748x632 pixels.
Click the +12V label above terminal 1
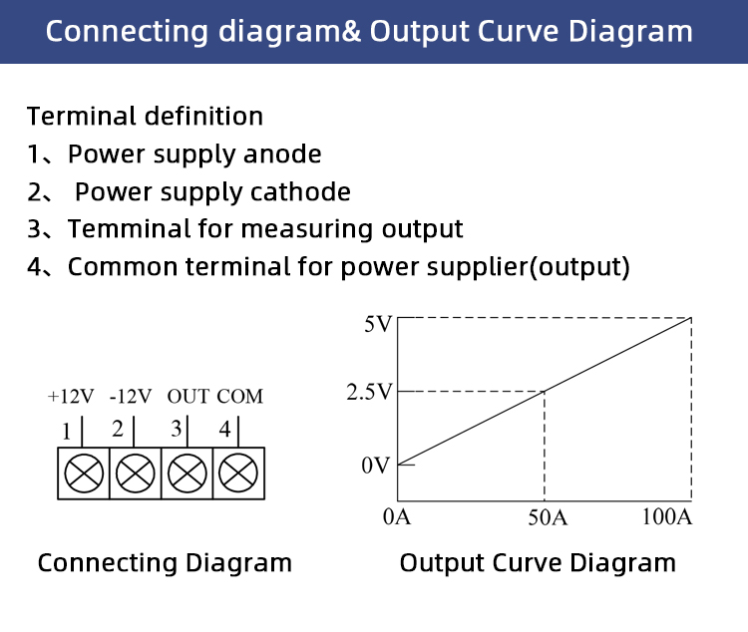pyautogui.click(x=71, y=397)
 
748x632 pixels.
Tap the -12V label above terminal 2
pyautogui.click(x=131, y=397)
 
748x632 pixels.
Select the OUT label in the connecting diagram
pyautogui.click(x=187, y=397)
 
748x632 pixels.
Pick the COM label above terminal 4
pyautogui.click(x=240, y=397)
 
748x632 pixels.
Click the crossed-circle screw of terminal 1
pyautogui.click(x=84, y=474)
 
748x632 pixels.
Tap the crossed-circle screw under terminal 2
pyautogui.click(x=136, y=474)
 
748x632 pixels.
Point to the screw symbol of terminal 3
pyautogui.click(x=187, y=474)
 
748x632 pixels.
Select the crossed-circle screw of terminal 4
pyautogui.click(x=238, y=474)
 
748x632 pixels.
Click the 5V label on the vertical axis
pyautogui.click(x=378, y=324)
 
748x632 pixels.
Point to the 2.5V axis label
pyautogui.click(x=369, y=392)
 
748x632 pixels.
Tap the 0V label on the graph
pyautogui.click(x=375, y=466)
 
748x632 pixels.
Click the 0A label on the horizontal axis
pyautogui.click(x=396, y=517)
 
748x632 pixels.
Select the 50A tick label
pyautogui.click(x=548, y=517)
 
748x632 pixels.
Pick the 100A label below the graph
pyautogui.click(x=667, y=517)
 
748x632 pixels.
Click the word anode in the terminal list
pyautogui.click(x=282, y=155)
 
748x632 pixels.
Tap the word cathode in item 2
pyautogui.click(x=300, y=191)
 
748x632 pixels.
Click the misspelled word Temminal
pyautogui.click(x=129, y=228)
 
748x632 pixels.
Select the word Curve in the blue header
pyautogui.click(x=518, y=32)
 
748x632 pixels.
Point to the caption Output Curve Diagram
pyautogui.click(x=538, y=563)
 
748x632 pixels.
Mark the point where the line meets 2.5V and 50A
pyautogui.click(x=545, y=392)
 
